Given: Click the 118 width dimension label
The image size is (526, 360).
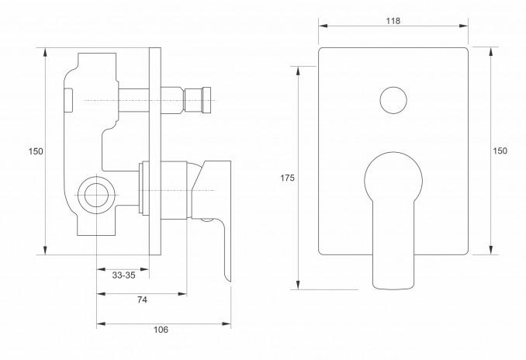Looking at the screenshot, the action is [393, 21].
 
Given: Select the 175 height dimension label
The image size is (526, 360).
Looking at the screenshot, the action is [287, 178].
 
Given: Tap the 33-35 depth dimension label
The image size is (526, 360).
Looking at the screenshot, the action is [123, 275].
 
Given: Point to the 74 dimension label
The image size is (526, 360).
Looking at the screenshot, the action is [142, 299].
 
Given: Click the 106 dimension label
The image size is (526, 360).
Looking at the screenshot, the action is [161, 330].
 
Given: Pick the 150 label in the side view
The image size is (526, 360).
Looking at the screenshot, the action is [36, 151].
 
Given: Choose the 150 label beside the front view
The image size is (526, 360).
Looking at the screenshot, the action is [500, 151].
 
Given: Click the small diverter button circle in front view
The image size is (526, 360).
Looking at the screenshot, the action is [393, 100].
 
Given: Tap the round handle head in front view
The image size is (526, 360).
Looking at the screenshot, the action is [393, 178].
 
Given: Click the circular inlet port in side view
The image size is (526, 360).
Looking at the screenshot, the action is [96, 195].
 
